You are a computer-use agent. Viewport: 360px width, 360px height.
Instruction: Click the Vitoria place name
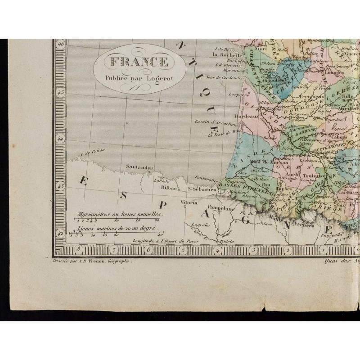click(x=189, y=203)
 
